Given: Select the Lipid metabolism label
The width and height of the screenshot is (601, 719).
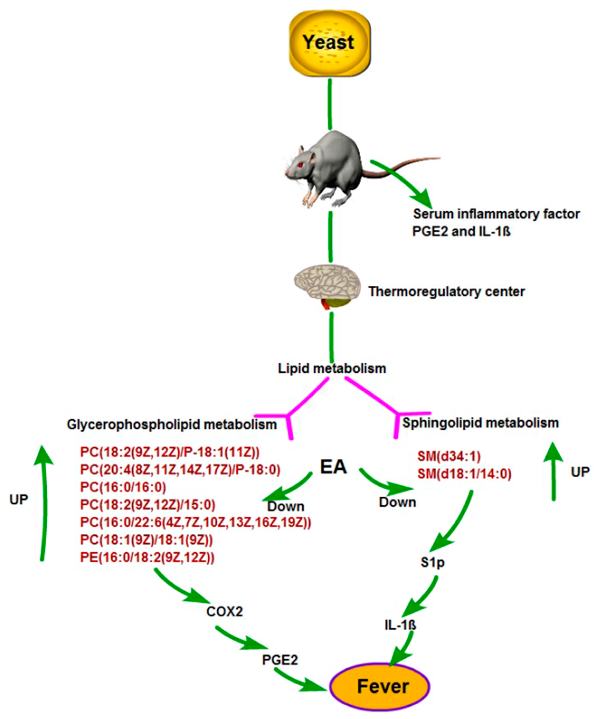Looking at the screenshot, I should click(x=332, y=368).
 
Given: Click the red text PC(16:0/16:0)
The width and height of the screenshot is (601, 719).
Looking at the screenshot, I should click(x=123, y=487).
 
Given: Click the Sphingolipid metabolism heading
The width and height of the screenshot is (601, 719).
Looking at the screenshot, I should click(x=480, y=423).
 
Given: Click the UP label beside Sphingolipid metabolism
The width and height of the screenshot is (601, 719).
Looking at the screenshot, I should click(x=580, y=472).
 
